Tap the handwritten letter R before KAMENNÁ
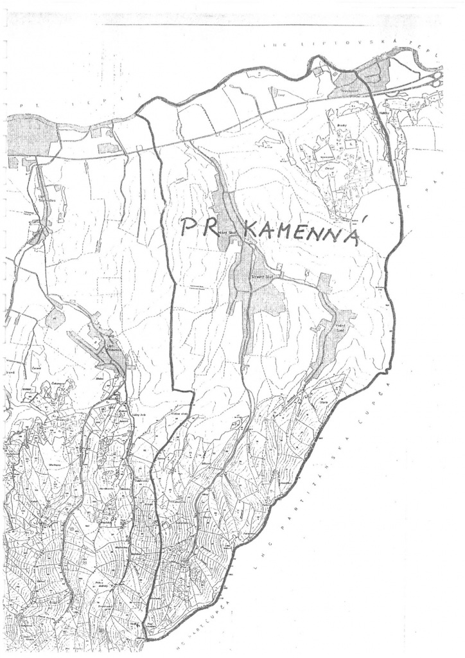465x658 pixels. click(x=213, y=229)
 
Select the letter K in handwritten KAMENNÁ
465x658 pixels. click(x=249, y=233)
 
